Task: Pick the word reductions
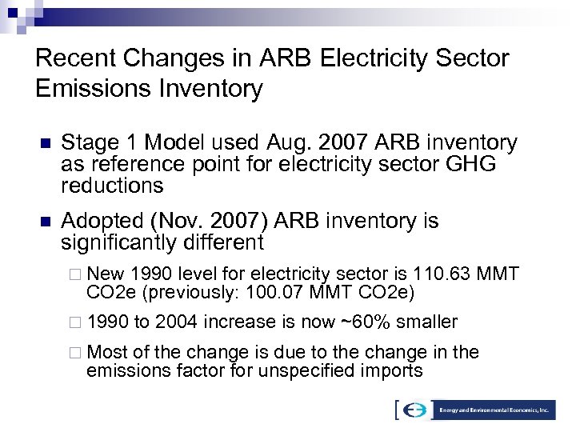pyautogui.click(x=112, y=186)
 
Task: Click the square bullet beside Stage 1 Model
pyautogui.click(x=45, y=144)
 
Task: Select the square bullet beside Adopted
pyautogui.click(x=45, y=222)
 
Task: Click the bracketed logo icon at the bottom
pyautogui.click(x=414, y=410)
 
